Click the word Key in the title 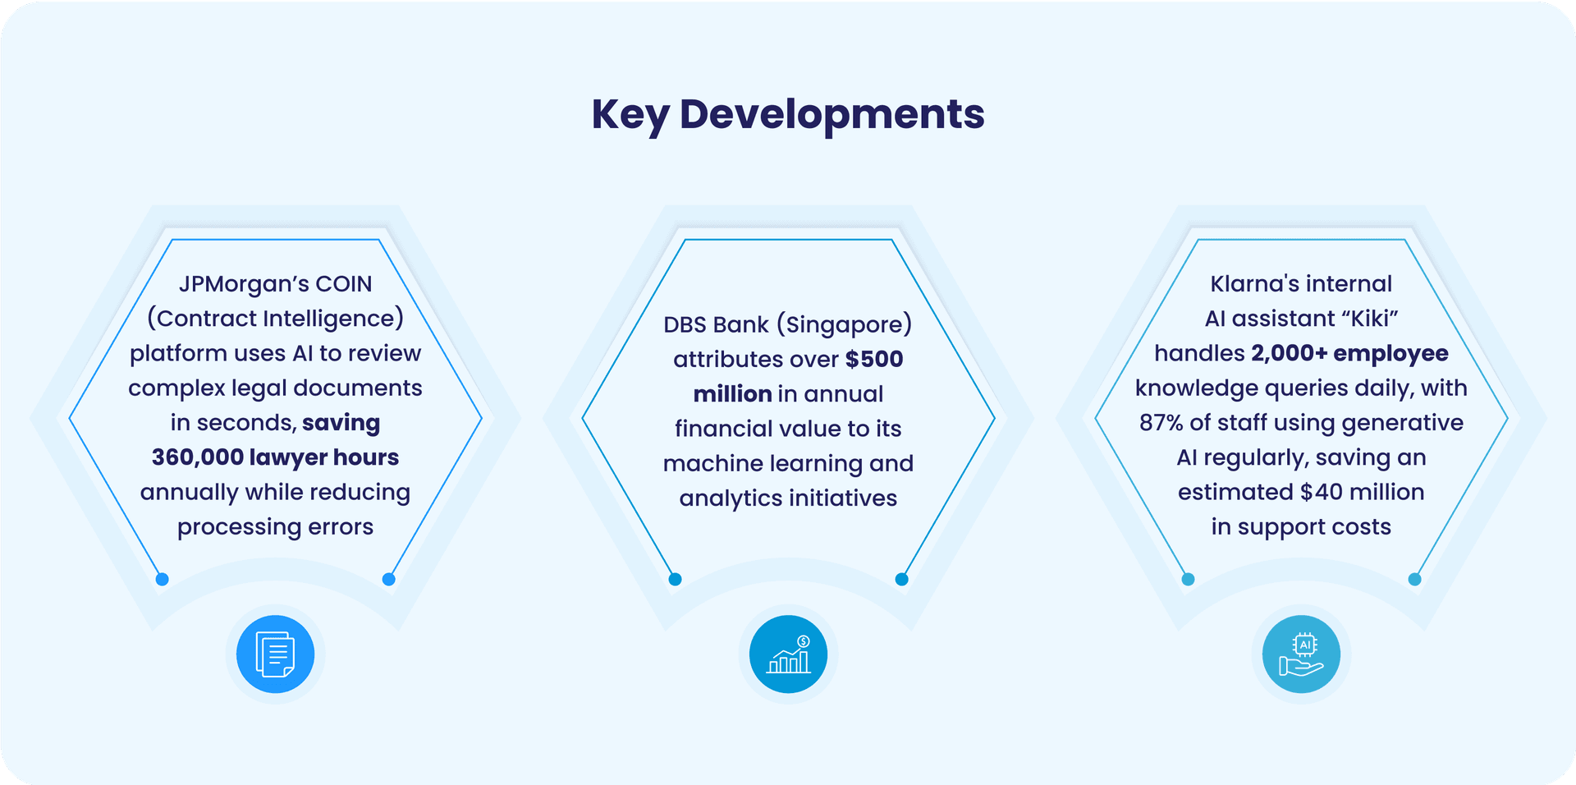630,115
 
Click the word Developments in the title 832,114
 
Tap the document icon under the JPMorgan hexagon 276,654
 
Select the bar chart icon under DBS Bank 789,654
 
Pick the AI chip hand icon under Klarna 1302,654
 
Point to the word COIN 344,284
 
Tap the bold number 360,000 198,457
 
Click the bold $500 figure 874,359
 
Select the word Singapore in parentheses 845,325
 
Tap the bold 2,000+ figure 1289,353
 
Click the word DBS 686,325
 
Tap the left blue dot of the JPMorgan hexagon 163,579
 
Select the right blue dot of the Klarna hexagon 1415,579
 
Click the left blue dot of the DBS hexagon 676,579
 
